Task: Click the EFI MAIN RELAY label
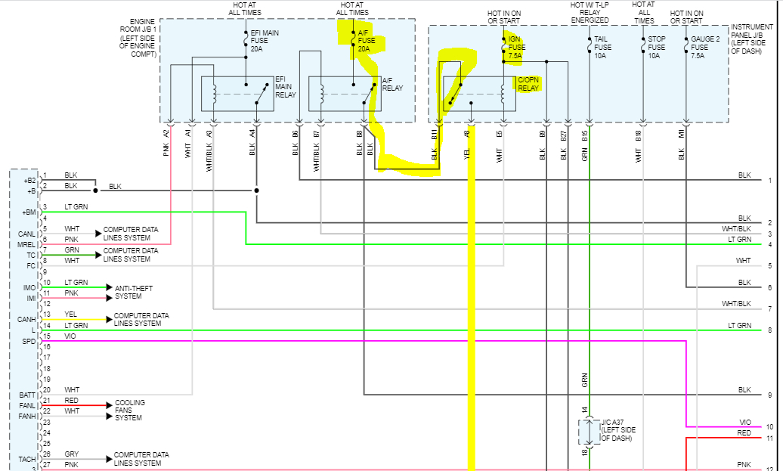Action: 285,86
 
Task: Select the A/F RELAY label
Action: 391,84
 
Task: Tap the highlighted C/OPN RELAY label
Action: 528,83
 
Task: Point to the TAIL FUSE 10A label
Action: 602,46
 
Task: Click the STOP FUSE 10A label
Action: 656,46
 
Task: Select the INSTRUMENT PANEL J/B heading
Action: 752,37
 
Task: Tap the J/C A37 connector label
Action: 617,429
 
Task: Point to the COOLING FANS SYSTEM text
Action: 129,410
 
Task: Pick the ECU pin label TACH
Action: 27,460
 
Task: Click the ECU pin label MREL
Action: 27,244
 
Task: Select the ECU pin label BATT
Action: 27,395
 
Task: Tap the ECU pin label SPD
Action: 29,342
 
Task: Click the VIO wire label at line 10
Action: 744,422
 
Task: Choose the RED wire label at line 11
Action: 744,432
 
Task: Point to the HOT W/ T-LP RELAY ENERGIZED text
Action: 590,13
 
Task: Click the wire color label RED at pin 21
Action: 71,401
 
